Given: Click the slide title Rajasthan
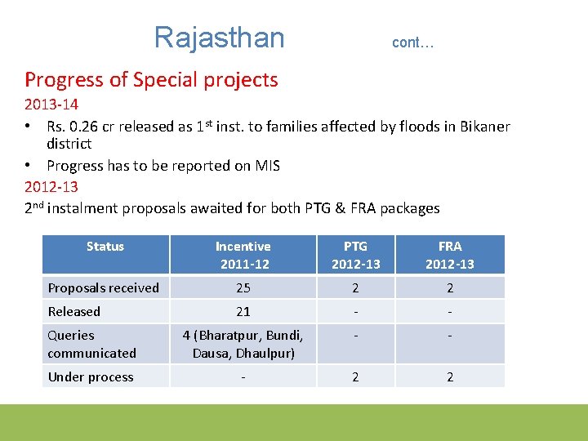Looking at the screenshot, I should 219,38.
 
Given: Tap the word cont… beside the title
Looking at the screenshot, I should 412,42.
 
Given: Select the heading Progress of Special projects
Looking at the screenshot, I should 151,80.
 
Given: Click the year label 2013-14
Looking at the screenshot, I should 51,105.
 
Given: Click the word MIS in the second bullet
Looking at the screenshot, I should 266,166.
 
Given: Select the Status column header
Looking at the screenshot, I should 105,247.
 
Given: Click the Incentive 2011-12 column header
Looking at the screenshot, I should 243,255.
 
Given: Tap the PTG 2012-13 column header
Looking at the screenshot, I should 355,255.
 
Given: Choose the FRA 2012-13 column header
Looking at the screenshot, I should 449,255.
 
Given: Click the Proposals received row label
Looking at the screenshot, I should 104,287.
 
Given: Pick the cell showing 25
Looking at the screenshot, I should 243,287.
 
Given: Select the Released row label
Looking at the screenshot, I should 74,311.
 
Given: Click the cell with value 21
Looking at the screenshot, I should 243,311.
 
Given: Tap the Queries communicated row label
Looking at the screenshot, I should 91,344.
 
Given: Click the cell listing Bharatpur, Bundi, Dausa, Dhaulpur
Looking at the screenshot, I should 243,344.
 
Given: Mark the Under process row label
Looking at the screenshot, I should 91,376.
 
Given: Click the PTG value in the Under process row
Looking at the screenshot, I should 355,376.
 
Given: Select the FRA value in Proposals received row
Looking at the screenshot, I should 449,287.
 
